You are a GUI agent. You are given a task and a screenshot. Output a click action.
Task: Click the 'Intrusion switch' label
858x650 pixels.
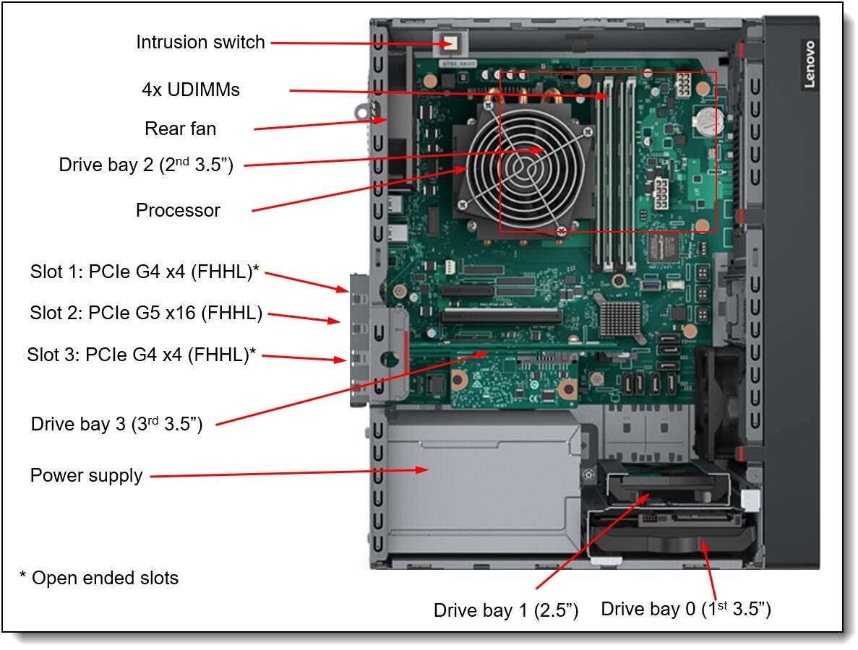[200, 43]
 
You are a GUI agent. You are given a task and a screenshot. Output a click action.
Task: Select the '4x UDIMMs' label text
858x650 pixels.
[191, 90]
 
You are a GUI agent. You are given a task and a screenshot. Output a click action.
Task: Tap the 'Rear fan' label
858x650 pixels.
[180, 129]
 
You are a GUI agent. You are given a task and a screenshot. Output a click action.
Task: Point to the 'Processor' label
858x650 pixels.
[178, 210]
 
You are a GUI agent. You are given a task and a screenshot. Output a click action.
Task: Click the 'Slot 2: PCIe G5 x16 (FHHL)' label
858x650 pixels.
[146, 313]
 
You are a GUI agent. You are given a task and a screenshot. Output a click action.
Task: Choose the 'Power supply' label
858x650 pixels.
[86, 476]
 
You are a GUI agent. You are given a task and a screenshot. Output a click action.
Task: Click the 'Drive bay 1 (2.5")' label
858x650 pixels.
[505, 610]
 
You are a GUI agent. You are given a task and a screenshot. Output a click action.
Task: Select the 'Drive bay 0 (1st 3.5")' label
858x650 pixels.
[685, 609]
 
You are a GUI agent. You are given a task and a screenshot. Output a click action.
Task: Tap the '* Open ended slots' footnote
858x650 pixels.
[98, 578]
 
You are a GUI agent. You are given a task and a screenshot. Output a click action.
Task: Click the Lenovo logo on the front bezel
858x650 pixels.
[808, 64]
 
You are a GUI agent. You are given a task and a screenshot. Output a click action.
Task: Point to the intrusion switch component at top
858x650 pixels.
[450, 43]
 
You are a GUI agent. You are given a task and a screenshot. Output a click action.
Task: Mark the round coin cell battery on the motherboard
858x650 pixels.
[706, 122]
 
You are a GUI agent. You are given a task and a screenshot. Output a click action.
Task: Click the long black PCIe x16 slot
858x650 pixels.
[502, 316]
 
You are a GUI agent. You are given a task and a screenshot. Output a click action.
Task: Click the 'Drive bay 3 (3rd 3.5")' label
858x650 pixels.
[116, 424]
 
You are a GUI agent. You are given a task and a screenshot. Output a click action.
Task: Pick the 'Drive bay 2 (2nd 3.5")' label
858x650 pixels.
[145, 165]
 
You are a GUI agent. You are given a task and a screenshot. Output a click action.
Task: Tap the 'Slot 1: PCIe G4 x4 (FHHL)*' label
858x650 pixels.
[145, 272]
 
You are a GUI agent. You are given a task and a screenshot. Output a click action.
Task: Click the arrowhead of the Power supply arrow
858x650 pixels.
[426, 470]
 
